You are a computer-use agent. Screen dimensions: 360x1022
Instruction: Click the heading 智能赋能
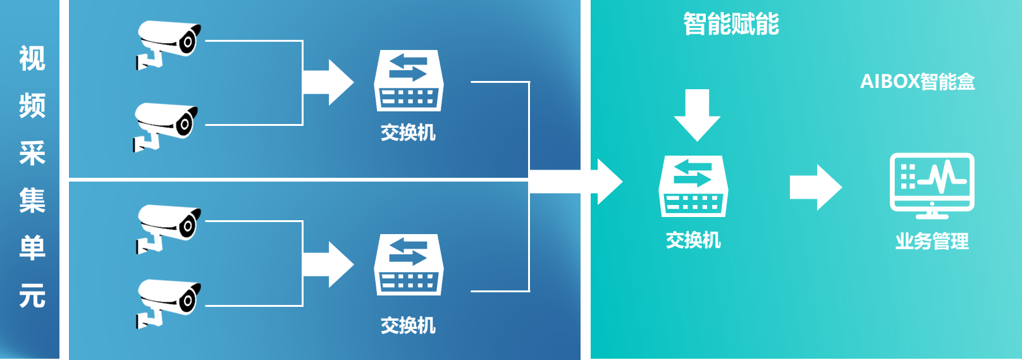pyautogui.click(x=730, y=25)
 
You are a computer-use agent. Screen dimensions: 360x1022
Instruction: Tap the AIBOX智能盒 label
pyautogui.click(x=917, y=82)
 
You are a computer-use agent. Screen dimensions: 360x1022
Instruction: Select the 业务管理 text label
pyautogui.click(x=932, y=241)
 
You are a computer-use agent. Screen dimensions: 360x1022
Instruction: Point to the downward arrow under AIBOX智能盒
pyautogui.click(x=697, y=115)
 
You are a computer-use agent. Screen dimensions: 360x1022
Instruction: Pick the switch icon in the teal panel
pyautogui.click(x=693, y=186)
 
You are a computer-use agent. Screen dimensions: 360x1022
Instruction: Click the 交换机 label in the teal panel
pyautogui.click(x=693, y=240)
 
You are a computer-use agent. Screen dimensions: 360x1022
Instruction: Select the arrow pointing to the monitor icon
pyautogui.click(x=815, y=187)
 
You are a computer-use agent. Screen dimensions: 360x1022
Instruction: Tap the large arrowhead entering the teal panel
pyautogui.click(x=608, y=182)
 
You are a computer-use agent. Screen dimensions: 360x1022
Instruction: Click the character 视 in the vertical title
pyautogui.click(x=32, y=59)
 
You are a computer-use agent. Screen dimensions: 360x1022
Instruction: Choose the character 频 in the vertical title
pyautogui.click(x=32, y=106)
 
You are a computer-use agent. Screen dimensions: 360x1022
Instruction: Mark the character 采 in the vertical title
pyautogui.click(x=32, y=153)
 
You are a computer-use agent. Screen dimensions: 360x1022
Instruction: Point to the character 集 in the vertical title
pyautogui.click(x=32, y=201)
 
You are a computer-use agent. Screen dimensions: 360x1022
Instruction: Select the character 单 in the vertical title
pyautogui.click(x=32, y=248)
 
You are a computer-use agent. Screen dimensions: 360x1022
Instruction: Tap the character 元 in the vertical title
pyautogui.click(x=32, y=295)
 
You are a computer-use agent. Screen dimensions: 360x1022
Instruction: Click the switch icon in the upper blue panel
pyautogui.click(x=409, y=81)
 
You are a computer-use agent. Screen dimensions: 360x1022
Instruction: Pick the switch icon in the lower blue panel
pyautogui.click(x=409, y=264)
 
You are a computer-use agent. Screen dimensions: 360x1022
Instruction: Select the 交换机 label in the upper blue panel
pyautogui.click(x=408, y=133)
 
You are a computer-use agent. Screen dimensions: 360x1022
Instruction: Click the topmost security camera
pyautogui.click(x=168, y=43)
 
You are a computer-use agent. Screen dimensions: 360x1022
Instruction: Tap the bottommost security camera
pyautogui.click(x=168, y=302)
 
